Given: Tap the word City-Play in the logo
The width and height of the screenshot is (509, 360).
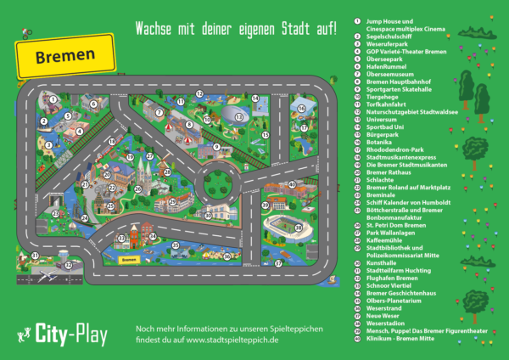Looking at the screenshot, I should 70,335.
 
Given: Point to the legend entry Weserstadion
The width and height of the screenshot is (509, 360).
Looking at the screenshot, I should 391,323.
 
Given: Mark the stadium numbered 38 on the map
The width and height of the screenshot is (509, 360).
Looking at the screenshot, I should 286,225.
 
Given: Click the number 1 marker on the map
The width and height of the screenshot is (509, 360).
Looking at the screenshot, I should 53,98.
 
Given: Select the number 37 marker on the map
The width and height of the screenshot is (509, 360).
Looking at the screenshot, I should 277,263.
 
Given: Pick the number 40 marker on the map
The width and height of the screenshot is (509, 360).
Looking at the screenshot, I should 292,183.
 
